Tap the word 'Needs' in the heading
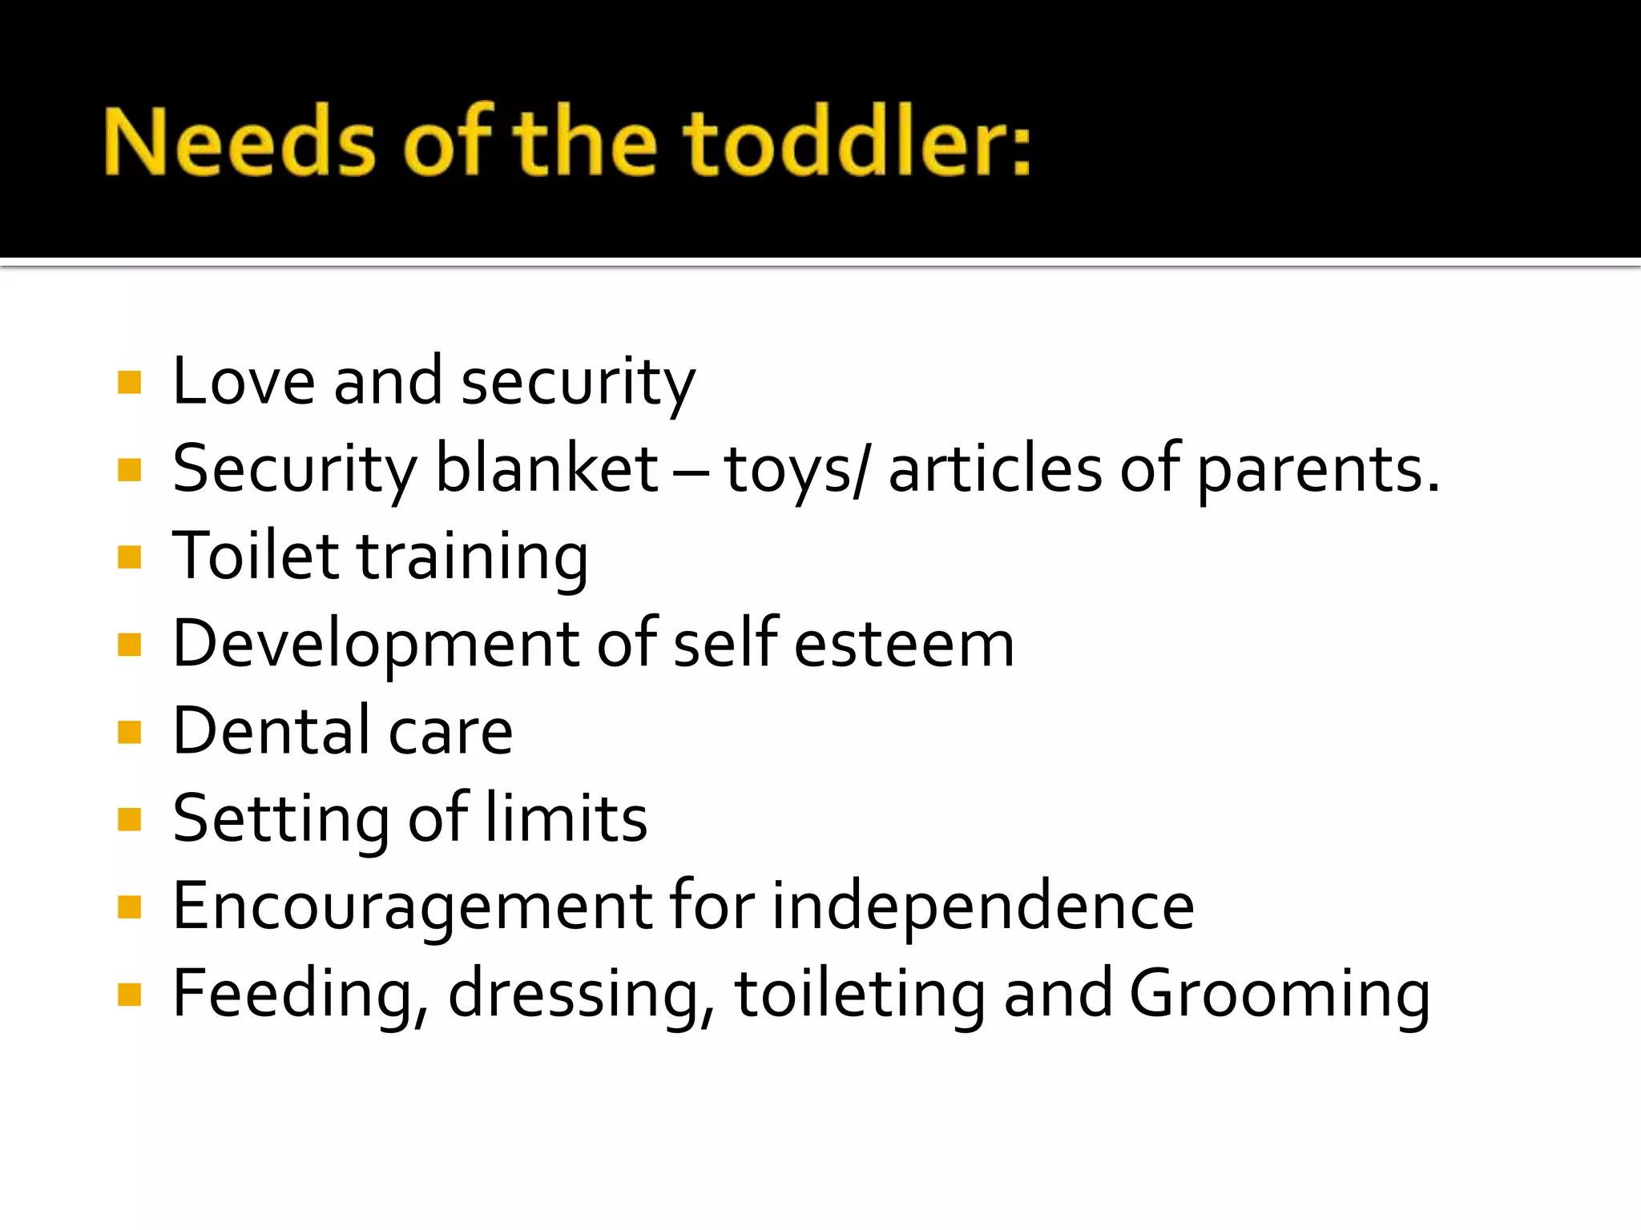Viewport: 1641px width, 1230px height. (x=239, y=142)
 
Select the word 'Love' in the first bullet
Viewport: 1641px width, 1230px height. (x=244, y=381)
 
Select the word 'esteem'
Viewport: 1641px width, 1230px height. (x=905, y=645)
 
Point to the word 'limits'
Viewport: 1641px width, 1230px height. (x=566, y=818)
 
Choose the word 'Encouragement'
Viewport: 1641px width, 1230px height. (x=413, y=907)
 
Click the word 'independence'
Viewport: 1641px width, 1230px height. (x=983, y=906)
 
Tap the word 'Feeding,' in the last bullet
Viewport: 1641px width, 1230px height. (x=300, y=995)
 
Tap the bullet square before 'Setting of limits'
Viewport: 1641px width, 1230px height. (x=129, y=819)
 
